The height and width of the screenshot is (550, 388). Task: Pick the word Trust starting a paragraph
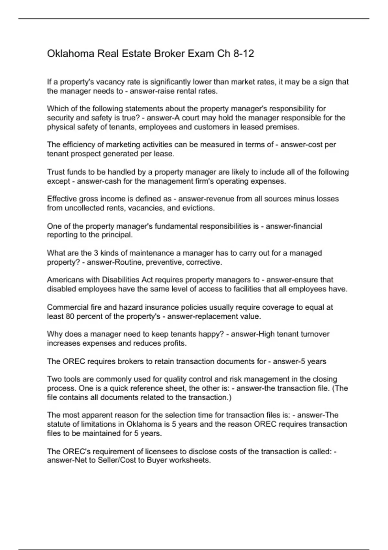[56, 172]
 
